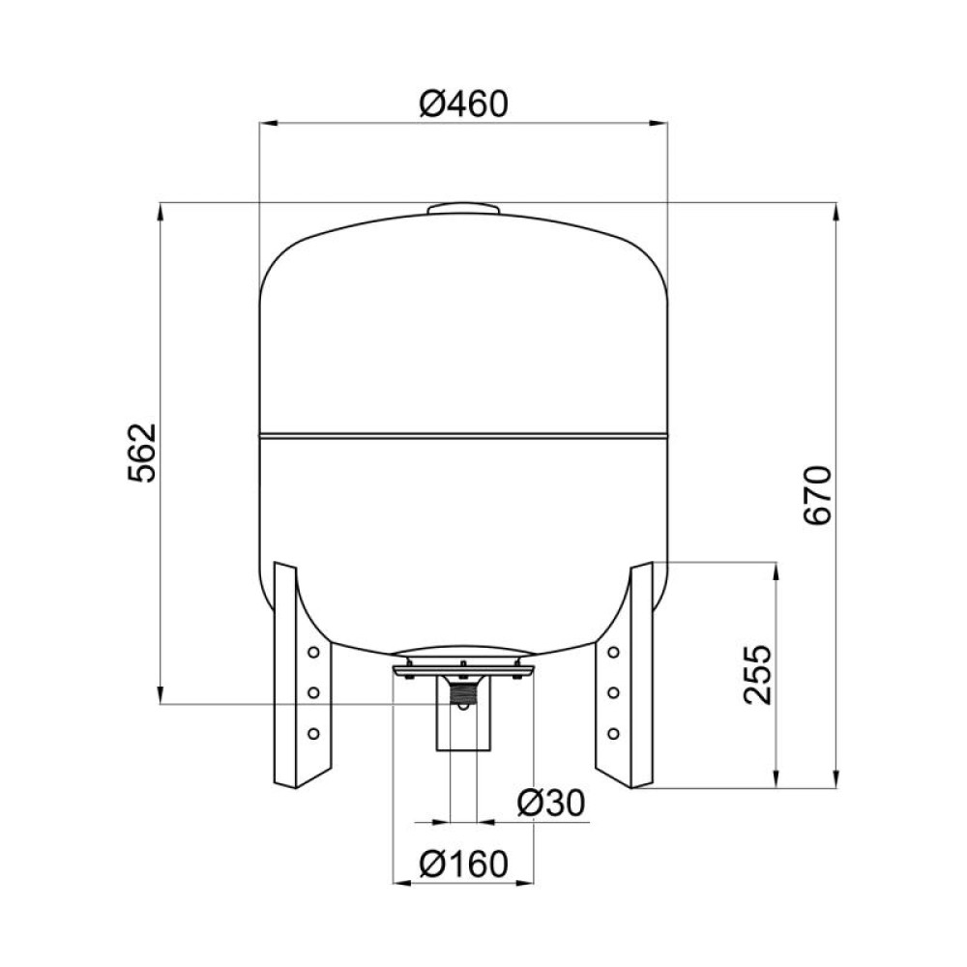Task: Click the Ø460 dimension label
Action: click(463, 104)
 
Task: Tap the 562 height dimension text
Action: click(143, 454)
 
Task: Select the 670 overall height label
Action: click(818, 495)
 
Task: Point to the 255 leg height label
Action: click(757, 675)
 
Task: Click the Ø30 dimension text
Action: click(551, 803)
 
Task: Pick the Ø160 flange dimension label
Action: click(464, 864)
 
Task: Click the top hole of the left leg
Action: click(313, 652)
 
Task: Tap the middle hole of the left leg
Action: click(313, 692)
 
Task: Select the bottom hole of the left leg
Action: click(313, 733)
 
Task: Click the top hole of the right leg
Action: click(613, 652)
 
